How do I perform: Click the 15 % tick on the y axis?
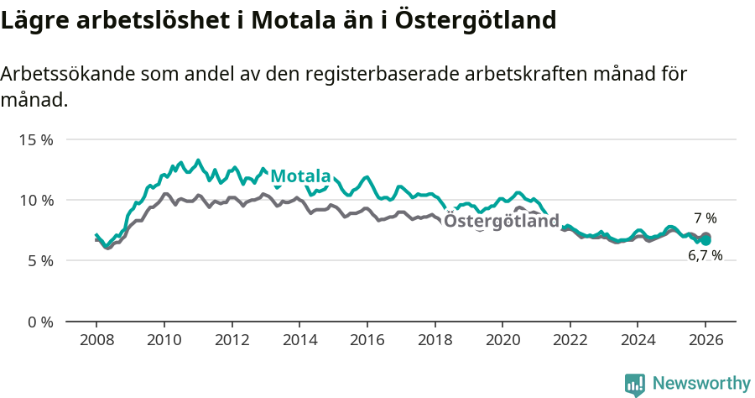[x=36, y=139]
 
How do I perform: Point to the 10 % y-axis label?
[x=36, y=200]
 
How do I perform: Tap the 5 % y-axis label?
[x=39, y=261]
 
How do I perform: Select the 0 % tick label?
[x=39, y=322]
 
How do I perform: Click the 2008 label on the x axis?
[x=96, y=341]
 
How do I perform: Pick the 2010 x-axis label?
[x=164, y=341]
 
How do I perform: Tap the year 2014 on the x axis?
[x=299, y=341]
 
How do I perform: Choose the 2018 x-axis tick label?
[x=435, y=341]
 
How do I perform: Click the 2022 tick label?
[x=570, y=341]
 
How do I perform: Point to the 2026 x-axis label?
[x=706, y=341]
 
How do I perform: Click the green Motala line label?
[x=299, y=176]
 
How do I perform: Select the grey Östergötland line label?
[x=501, y=222]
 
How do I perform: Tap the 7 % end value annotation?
[x=705, y=218]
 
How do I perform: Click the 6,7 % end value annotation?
[x=705, y=256]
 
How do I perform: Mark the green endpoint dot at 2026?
[x=706, y=240]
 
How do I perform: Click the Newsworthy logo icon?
[x=635, y=384]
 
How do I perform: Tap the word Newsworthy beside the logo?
[x=700, y=384]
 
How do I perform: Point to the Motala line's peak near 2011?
[x=198, y=160]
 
